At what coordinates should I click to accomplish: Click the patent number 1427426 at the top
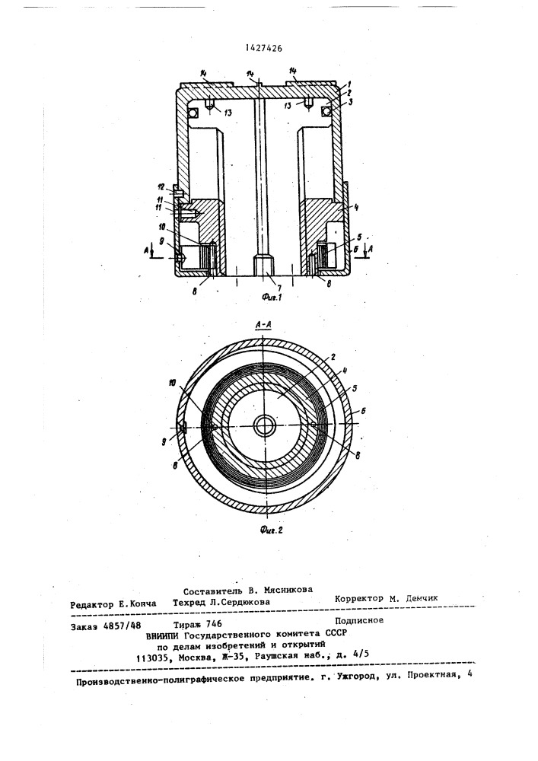264,48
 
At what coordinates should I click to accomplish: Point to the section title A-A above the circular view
263,326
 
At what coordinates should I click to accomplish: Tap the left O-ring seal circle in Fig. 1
193,113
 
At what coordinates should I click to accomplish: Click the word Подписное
359,619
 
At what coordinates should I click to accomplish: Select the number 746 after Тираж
214,624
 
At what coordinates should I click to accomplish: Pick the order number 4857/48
125,626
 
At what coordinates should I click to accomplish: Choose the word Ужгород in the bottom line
355,677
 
